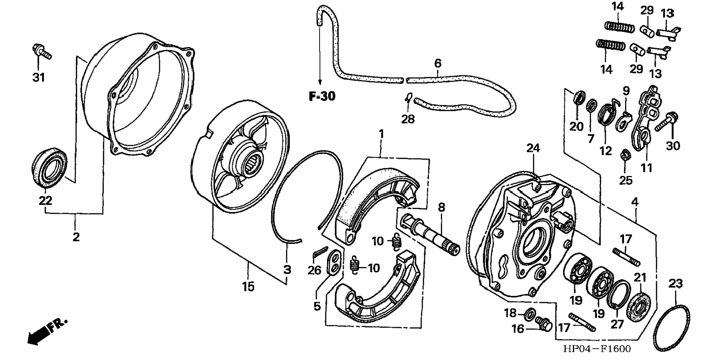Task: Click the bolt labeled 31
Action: point(42,53)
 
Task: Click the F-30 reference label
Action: point(322,97)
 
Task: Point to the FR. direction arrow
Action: point(46,331)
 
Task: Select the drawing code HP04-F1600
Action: point(597,349)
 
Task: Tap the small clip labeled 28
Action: point(408,98)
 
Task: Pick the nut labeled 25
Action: point(625,155)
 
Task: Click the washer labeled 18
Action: point(529,314)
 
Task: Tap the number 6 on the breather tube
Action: point(438,63)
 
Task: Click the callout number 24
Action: point(533,148)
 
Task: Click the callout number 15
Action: point(248,287)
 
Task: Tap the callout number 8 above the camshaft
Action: point(441,208)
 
